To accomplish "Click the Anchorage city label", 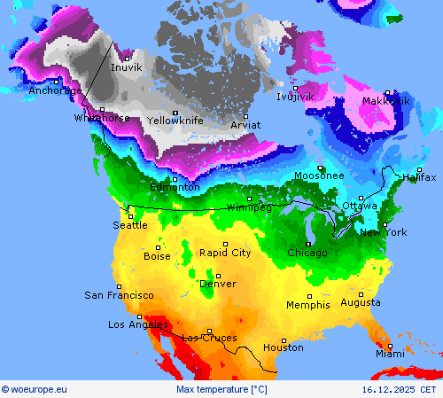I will (55, 90).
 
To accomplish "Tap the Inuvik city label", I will (127, 67).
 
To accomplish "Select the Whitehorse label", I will (102, 118).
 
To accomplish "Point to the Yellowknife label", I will (175, 121).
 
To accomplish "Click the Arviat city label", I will (245, 125).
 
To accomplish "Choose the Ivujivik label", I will (295, 97).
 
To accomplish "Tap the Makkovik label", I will (386, 101).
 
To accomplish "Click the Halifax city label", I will (419, 177).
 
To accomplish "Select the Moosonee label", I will (319, 176).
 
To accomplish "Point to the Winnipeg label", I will (249, 207).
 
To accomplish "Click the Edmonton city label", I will (175, 187).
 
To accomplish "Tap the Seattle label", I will (130, 225).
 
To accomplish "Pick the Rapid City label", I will (224, 253).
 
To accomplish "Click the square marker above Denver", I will (218, 276).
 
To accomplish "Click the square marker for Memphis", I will (309, 296).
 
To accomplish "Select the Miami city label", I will (389, 354).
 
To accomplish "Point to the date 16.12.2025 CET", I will (399, 389).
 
